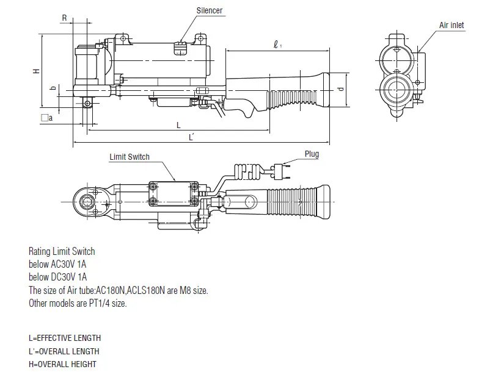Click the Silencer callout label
pos(210,11)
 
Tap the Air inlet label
pos(452,25)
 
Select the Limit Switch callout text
pos(130,157)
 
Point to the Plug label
pos(312,154)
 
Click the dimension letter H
pos(36,71)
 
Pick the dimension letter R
pos(64,18)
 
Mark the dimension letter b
pos(53,88)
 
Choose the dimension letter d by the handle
pos(340,88)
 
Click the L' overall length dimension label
pos(191,138)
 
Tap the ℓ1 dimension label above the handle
pos(278,44)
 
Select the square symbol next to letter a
pos(43,118)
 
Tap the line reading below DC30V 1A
pos(57,277)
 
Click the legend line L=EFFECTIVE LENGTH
pos(65,338)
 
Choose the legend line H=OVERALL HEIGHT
pos(62,364)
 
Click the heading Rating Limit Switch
pos(62,251)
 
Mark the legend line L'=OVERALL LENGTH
pos(64,351)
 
